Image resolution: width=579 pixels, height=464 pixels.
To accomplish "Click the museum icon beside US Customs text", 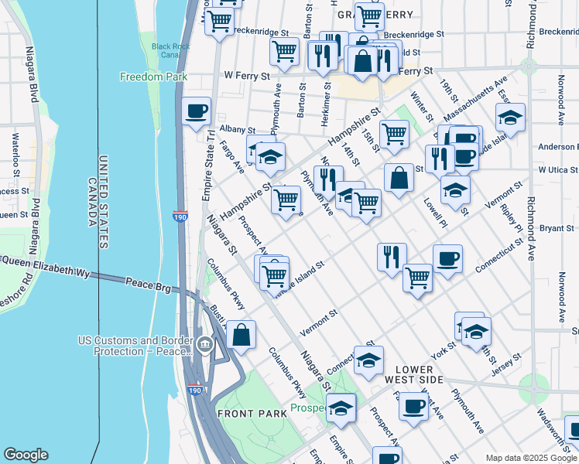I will [204, 345].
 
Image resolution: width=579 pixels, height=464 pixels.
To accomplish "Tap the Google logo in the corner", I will [26, 455].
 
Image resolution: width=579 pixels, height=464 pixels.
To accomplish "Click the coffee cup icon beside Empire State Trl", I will [197, 111].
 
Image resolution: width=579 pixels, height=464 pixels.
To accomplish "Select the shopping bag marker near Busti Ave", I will [242, 336].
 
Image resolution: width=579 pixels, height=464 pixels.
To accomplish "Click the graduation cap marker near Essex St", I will [510, 118].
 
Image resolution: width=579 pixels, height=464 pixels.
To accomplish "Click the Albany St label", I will [215, 129].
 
